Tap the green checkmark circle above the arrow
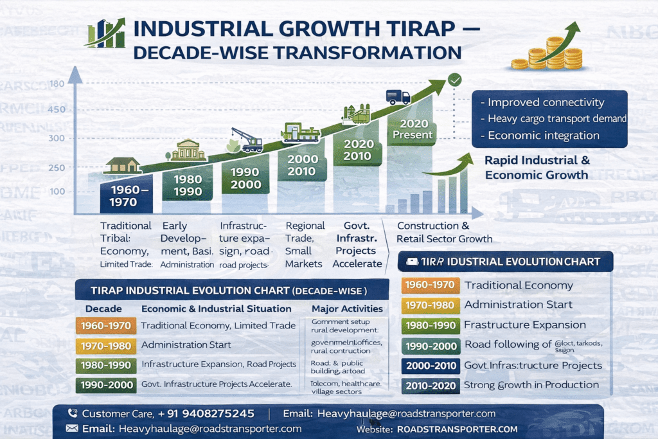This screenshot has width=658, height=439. point(454,80)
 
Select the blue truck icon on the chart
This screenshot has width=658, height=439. point(398,97)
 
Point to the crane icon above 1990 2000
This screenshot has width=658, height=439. point(247,139)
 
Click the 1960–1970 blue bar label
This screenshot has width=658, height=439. point(127,196)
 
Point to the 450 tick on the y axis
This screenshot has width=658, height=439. point(57,109)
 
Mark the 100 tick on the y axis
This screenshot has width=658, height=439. point(57,192)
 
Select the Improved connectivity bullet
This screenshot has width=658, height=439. point(546,102)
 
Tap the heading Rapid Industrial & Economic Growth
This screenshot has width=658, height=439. point(537,168)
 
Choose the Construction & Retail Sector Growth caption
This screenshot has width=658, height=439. point(444,233)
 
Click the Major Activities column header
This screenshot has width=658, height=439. point(346,309)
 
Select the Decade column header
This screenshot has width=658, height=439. point(103,309)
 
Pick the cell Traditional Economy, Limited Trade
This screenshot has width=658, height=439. point(218,326)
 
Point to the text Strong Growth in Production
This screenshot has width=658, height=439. point(531,385)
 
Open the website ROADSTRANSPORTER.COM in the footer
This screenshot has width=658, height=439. point(458,429)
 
